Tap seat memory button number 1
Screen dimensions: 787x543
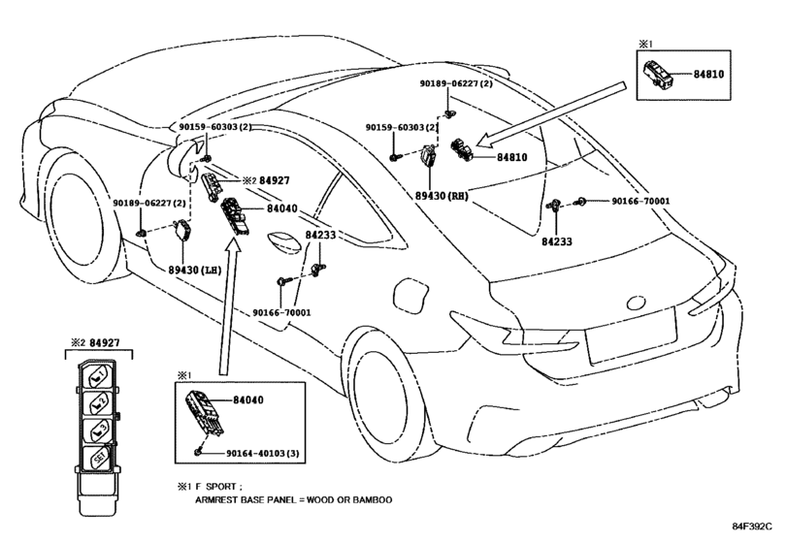point(98,377)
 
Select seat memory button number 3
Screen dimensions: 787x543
point(96,431)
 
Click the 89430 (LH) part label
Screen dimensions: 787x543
point(195,270)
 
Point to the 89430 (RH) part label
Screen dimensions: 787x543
point(442,196)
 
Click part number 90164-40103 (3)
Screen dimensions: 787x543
point(263,453)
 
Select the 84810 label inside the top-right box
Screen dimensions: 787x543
point(708,75)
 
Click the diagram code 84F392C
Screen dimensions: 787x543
point(752,526)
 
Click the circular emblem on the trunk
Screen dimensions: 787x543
point(637,303)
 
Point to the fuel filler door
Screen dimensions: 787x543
point(410,297)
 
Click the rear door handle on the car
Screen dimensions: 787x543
point(284,243)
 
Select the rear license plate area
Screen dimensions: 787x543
point(631,335)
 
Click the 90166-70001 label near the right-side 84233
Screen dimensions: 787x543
point(640,201)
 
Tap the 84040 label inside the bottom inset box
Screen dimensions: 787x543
point(248,400)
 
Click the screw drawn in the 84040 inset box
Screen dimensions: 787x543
point(199,451)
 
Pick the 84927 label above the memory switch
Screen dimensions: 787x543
point(105,343)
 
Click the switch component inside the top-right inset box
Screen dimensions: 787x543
point(657,76)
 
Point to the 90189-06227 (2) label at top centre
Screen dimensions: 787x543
point(456,83)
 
